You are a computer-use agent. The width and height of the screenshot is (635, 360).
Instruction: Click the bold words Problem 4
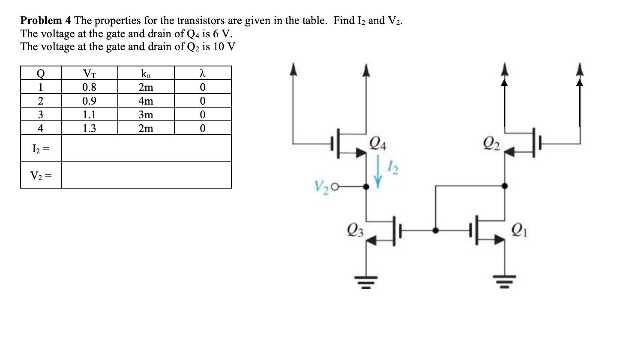(46, 21)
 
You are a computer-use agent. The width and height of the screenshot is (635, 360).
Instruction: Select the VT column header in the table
(89, 73)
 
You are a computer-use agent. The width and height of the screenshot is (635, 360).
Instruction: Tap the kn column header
(146, 73)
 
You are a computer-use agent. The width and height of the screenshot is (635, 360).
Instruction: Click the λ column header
(203, 73)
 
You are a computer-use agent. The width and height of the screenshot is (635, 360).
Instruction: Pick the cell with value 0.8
(89, 87)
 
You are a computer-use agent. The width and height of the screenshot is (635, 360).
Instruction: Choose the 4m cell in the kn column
(146, 101)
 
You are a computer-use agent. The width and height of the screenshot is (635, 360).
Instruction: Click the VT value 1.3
(89, 128)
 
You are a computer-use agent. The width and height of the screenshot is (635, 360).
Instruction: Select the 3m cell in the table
(146, 115)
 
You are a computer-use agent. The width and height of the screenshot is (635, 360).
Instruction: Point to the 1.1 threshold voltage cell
(89, 115)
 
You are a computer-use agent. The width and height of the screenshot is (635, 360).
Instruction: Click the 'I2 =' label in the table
(41, 148)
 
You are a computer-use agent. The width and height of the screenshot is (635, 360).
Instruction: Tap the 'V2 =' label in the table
(41, 175)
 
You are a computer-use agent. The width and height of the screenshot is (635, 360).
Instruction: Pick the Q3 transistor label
(356, 231)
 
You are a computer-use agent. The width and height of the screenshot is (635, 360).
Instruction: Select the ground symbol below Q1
(504, 281)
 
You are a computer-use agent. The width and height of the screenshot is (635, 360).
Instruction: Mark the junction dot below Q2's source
(504, 186)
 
